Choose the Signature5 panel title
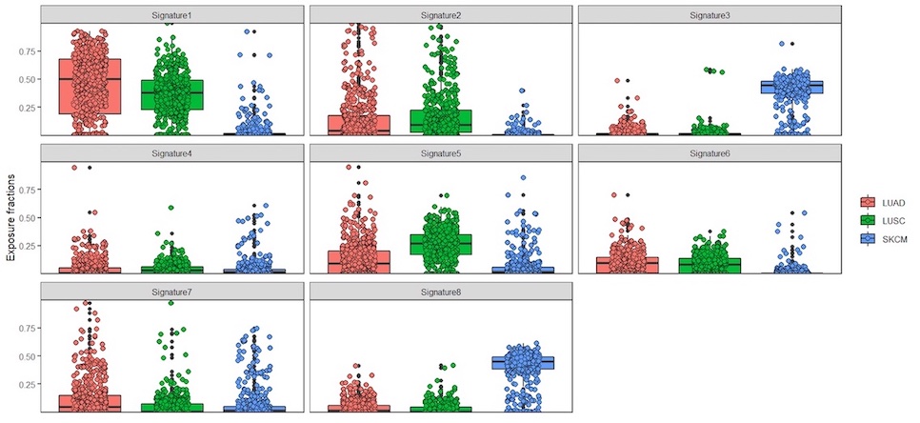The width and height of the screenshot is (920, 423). click(x=441, y=153)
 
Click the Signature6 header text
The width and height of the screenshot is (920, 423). click(x=710, y=153)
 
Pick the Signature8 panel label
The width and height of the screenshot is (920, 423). click(x=441, y=292)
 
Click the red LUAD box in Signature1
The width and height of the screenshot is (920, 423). click(x=90, y=86)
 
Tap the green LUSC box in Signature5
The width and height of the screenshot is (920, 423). click(x=441, y=244)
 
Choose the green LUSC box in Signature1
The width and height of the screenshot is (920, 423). click(x=171, y=94)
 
